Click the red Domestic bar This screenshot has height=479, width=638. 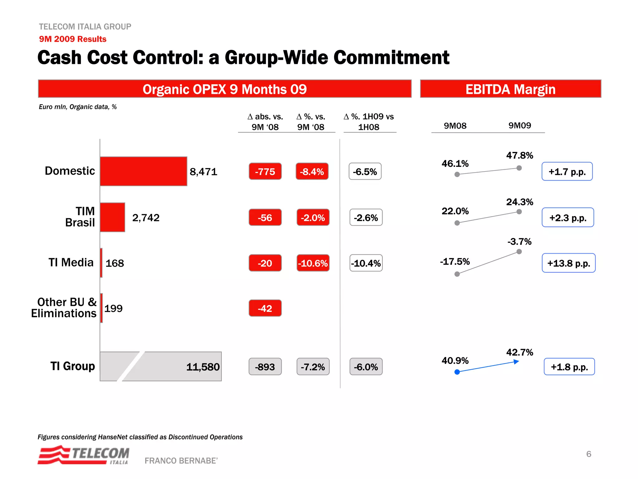click(143, 171)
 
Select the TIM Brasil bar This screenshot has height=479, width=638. click(112, 217)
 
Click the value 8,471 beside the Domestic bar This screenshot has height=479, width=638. click(203, 172)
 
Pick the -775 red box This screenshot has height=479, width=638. click(265, 172)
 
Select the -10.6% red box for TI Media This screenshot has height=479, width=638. click(313, 263)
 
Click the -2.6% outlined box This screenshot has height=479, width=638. click(366, 217)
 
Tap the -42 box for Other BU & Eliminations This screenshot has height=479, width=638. click(265, 308)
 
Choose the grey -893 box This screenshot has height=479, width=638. click(265, 367)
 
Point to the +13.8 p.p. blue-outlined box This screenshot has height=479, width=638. click(569, 263)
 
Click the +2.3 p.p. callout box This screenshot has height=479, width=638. click(568, 217)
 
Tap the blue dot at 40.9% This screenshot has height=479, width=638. click(457, 372)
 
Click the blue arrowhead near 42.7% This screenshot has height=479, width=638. click(516, 362)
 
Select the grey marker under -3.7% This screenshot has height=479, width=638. click(519, 252)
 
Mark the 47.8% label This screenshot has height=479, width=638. click(520, 155)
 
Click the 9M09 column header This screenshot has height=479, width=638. click(520, 125)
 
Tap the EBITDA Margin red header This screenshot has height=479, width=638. click(510, 89)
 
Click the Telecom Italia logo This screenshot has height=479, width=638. click(83, 455)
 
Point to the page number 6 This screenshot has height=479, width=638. click(588, 454)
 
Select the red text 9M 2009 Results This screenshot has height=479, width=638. click(73, 39)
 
